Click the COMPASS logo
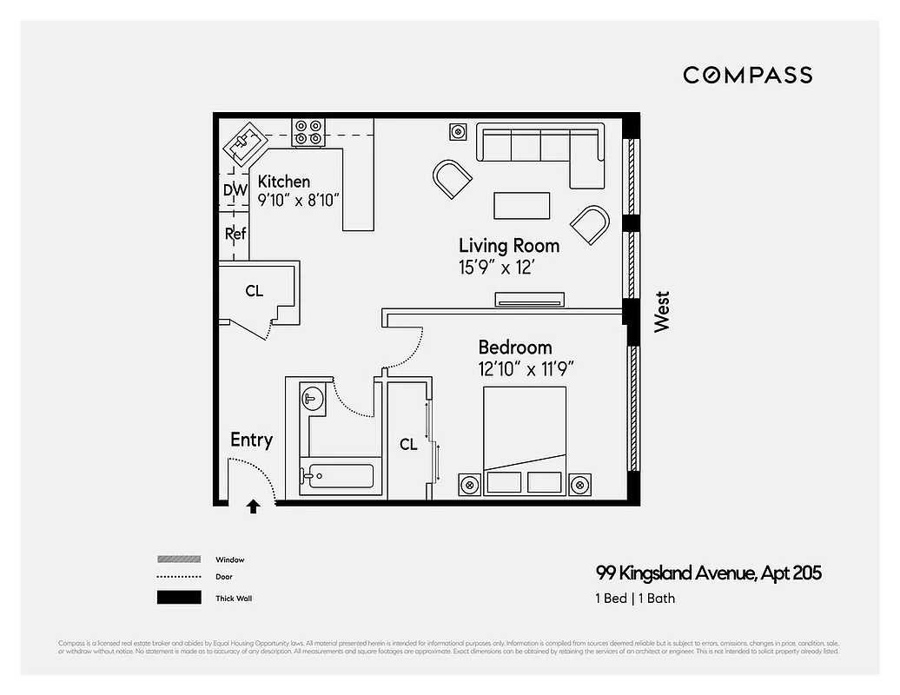pos(747,75)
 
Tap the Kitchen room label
pos(284,182)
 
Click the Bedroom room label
pos(514,347)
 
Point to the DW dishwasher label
pos(235,190)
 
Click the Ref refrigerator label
pos(235,234)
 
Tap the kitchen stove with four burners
pos(308,132)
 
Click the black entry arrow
pos(253,506)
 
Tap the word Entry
pos(251,440)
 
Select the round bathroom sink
pos(312,399)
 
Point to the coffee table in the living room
pos(521,206)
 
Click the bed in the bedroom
pos(524,441)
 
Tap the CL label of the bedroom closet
pos(408,445)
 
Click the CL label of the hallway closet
pos(254,291)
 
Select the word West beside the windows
pos(662,311)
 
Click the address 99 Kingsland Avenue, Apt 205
pos(708,573)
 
